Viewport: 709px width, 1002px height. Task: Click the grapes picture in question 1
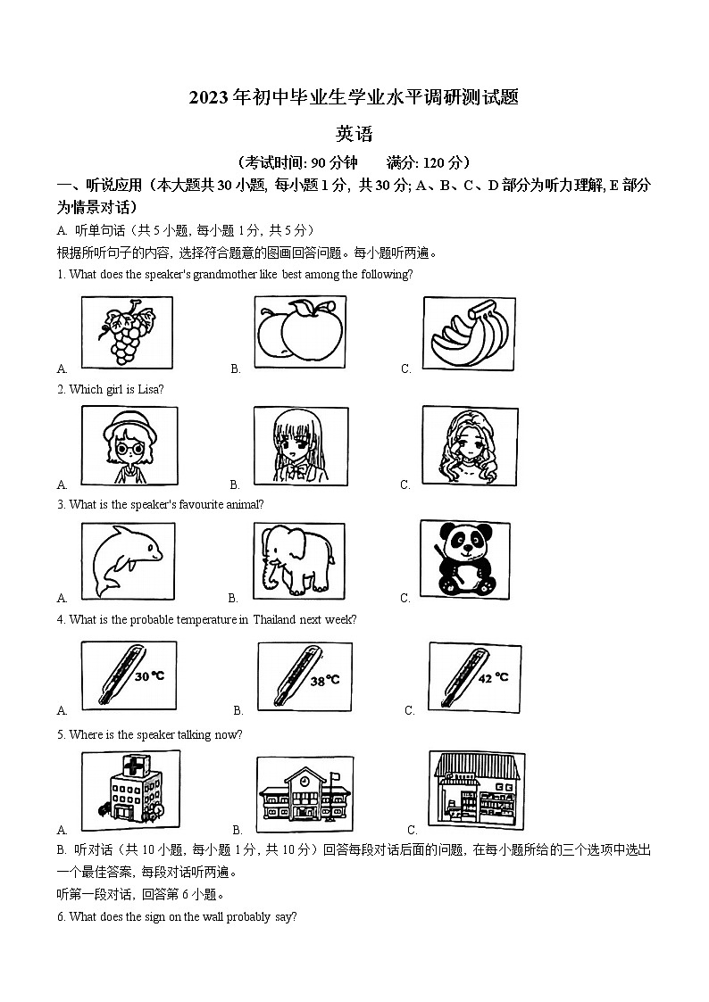127,332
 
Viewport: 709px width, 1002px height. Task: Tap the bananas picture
468,332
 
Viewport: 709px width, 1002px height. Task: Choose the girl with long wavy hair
468,446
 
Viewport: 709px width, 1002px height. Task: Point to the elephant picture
297,560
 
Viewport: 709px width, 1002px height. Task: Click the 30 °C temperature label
149,676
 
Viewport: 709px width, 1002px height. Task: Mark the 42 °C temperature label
494,677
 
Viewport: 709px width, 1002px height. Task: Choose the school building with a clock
304,792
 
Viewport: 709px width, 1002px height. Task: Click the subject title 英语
354,135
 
